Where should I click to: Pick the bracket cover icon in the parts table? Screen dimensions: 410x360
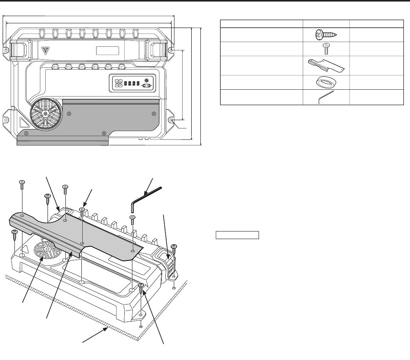point(326,65)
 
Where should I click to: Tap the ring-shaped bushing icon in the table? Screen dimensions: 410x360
point(326,82)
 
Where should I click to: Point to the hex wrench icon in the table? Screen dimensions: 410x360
point(326,97)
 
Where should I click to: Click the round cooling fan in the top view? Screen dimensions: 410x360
point(45,114)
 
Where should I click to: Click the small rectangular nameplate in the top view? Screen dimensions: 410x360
point(107,51)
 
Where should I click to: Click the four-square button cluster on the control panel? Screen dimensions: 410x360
point(118,83)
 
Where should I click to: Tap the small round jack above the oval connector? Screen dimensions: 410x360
point(146,80)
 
